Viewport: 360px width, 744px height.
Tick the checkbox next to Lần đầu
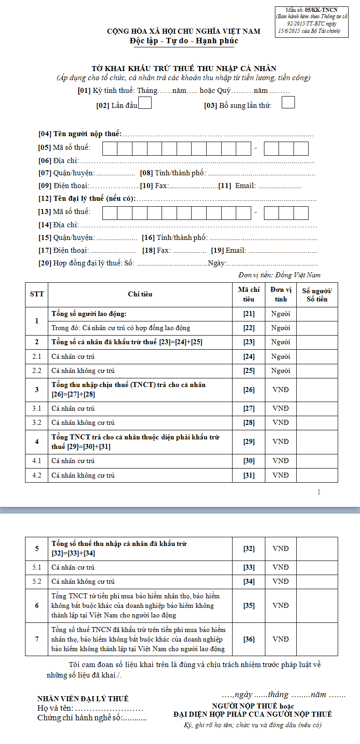(x=145, y=103)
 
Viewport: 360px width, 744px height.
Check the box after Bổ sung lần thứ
(x=288, y=102)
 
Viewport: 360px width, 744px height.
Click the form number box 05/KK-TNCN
(x=312, y=21)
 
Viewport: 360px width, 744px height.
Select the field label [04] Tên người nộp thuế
(x=80, y=134)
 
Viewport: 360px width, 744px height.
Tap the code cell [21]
(x=249, y=314)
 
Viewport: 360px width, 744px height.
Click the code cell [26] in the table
(x=249, y=390)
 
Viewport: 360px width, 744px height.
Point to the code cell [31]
(x=249, y=475)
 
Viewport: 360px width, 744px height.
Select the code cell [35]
(x=249, y=606)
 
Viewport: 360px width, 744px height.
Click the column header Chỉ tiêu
(x=140, y=294)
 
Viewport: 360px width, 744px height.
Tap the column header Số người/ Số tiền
(x=317, y=295)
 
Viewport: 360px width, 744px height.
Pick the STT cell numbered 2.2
(x=37, y=371)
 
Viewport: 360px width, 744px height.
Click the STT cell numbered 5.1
(x=37, y=567)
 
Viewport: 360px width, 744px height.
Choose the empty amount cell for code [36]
(x=317, y=639)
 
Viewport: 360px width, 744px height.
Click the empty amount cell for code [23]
(x=317, y=342)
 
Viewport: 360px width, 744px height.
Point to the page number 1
(x=319, y=492)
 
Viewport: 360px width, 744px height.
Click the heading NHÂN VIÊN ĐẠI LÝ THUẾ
(x=83, y=698)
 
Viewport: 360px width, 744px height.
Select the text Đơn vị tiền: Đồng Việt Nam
(x=279, y=275)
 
